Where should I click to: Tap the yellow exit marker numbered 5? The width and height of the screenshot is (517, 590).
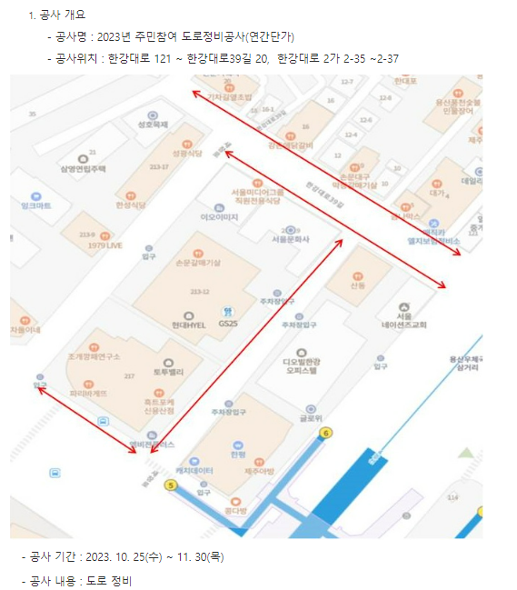[169, 485]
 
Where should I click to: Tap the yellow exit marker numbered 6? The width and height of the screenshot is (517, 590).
[325, 433]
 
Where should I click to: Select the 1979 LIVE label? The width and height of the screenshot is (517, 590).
[105, 245]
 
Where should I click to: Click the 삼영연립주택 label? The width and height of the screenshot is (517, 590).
[84, 169]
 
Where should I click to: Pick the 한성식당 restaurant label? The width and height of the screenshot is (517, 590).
[131, 205]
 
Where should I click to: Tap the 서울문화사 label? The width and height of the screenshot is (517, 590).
[291, 239]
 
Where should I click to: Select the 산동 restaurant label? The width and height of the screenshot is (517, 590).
[357, 285]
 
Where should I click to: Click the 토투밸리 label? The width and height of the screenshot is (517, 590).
[168, 373]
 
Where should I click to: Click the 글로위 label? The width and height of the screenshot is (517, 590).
[312, 419]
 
